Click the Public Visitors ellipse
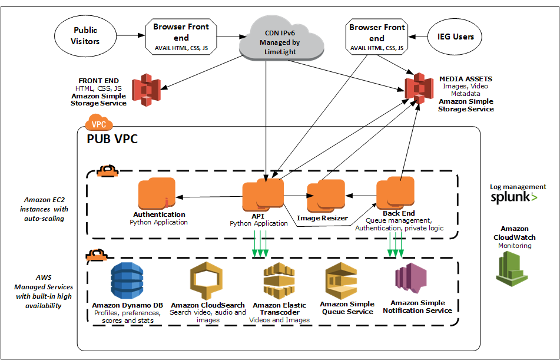pyautogui.click(x=86, y=35)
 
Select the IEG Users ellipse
pyautogui.click(x=455, y=37)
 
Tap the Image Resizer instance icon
pyautogui.click(x=326, y=196)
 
